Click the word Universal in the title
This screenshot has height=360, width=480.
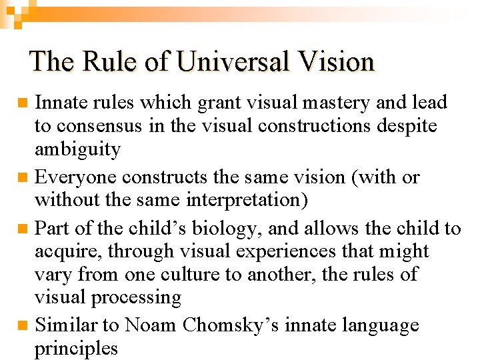[x=224, y=61]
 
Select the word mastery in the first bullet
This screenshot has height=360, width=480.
[x=334, y=103]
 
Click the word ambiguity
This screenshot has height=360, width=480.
[x=77, y=149]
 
